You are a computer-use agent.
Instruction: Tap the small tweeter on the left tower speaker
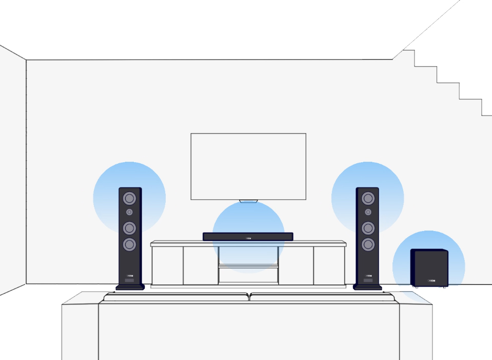[x=130, y=212]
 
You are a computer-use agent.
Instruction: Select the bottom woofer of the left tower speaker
[x=130, y=243]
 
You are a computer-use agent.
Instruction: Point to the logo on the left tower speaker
[x=129, y=275]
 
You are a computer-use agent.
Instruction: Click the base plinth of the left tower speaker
[x=130, y=287]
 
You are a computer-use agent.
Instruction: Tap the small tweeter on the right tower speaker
[x=368, y=212]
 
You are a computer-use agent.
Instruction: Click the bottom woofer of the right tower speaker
[x=368, y=243]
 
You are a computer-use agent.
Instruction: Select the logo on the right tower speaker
[x=368, y=275]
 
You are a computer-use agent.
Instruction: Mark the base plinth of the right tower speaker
[x=368, y=287]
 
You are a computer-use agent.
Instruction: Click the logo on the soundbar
[x=248, y=238]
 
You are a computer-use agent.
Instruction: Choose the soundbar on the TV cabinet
[x=226, y=237]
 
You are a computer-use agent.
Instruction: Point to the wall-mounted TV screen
[x=248, y=166]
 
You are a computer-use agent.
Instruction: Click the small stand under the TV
[x=248, y=201]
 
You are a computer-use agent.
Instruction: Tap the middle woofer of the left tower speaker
[x=130, y=228]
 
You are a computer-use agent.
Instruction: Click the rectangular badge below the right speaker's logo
[x=368, y=280]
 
